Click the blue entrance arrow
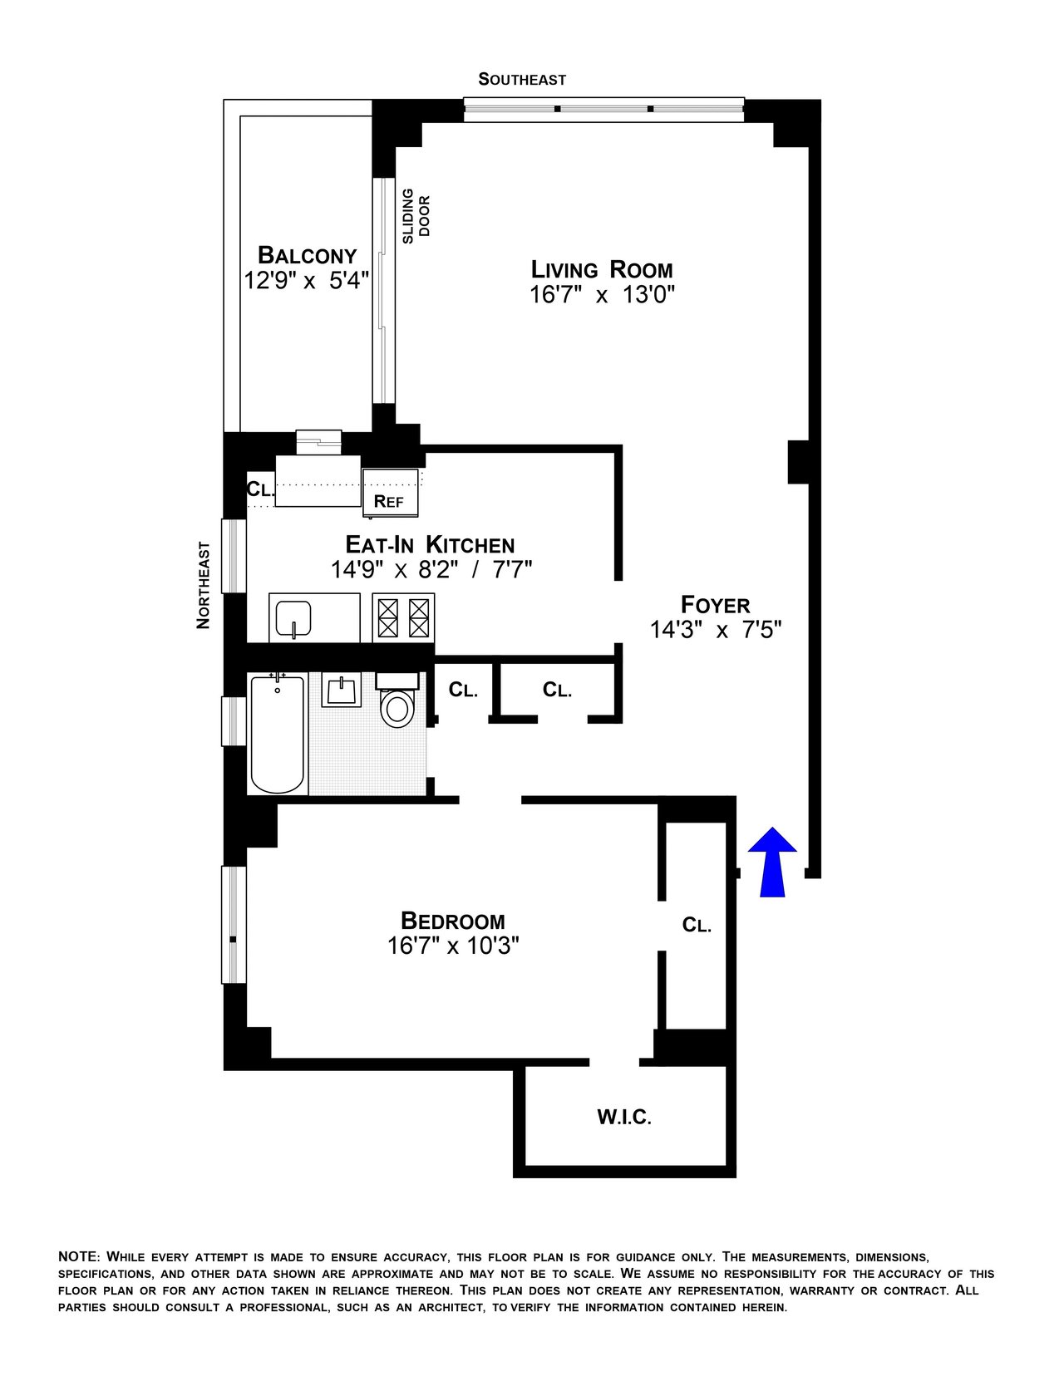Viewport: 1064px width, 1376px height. (x=772, y=862)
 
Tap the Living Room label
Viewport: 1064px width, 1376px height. (x=602, y=270)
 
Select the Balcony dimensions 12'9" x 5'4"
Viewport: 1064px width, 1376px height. (x=306, y=281)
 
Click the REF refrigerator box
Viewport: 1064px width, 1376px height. (x=390, y=499)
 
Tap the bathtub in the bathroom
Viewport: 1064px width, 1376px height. (x=277, y=735)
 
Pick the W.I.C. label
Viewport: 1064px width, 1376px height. (x=624, y=1118)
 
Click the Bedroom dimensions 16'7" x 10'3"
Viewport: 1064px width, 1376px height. (x=453, y=946)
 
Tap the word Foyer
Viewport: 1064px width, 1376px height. (x=716, y=604)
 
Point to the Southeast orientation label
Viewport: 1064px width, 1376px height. (x=522, y=80)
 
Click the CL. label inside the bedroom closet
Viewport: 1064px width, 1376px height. (x=697, y=925)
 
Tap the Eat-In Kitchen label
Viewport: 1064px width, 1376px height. (x=430, y=545)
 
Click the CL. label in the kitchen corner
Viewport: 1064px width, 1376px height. (x=259, y=489)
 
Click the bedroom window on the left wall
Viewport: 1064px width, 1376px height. (x=234, y=925)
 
